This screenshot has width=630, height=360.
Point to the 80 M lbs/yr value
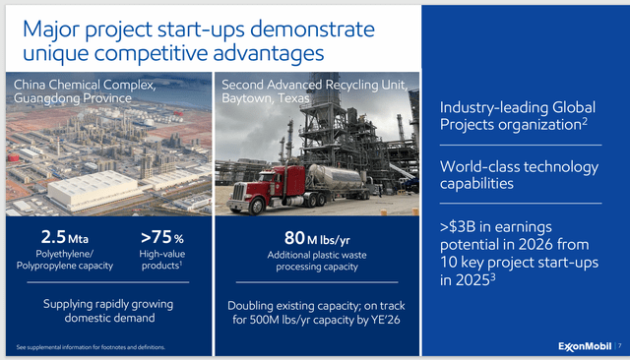[309, 237]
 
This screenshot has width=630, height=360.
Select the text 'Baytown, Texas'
[261, 99]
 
